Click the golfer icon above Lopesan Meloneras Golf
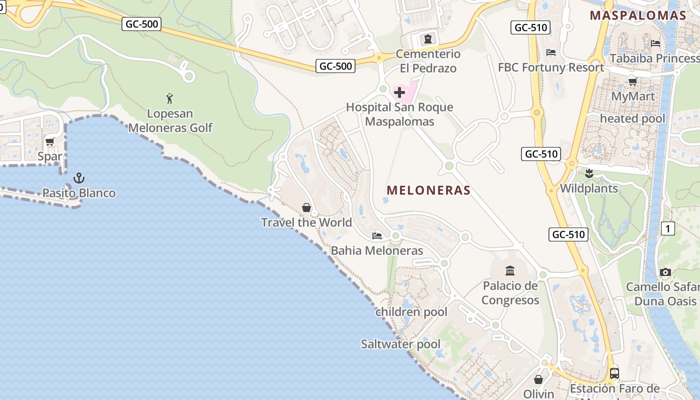(x=169, y=98)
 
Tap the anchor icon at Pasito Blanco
(x=78, y=178)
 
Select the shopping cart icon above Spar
(x=49, y=142)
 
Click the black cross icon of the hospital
(x=399, y=92)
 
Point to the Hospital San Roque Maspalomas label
(x=399, y=114)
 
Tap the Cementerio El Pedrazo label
(x=428, y=61)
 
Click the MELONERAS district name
(x=428, y=190)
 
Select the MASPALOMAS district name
(x=638, y=15)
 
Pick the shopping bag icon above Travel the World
(x=306, y=207)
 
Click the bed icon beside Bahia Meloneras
(x=377, y=235)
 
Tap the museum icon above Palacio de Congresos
(x=510, y=271)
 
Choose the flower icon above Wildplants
(x=589, y=174)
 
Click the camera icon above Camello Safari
(x=665, y=272)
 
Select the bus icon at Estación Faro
(x=614, y=373)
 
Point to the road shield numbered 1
(x=667, y=229)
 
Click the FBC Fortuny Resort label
(x=550, y=67)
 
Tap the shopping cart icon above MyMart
(x=632, y=81)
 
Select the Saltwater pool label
(x=400, y=344)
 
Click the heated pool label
(x=632, y=119)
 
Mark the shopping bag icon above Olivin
(x=538, y=379)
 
